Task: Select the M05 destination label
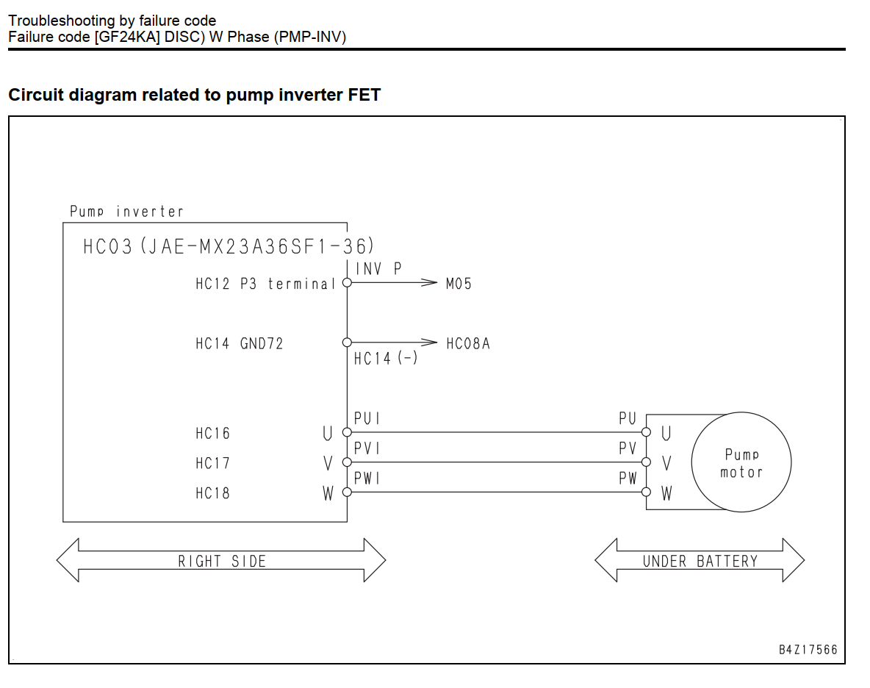459,284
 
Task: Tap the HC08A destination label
468,344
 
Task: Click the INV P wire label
378,269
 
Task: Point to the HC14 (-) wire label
386,359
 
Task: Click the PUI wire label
367,418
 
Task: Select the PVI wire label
367,448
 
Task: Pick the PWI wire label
367,479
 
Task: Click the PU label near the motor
628,418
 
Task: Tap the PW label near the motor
628,479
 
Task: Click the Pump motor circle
741,413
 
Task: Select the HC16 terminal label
212,434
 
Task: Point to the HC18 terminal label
212,493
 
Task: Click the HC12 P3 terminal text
266,284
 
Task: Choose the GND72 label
262,344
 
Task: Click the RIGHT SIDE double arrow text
222,562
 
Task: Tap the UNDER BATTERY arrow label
700,562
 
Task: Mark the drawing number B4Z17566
808,650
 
